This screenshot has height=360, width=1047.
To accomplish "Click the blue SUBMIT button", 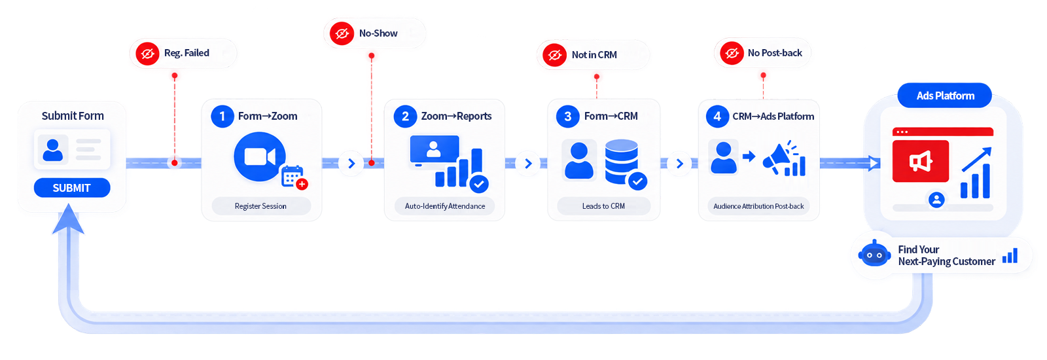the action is (x=72, y=188).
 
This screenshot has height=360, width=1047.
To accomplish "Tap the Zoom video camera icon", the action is (x=259, y=157).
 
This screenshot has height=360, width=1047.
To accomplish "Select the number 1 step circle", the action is (x=222, y=116).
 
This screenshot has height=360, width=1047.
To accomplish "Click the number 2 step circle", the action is (x=405, y=116).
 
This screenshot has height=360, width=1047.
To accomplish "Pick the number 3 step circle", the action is (x=567, y=116).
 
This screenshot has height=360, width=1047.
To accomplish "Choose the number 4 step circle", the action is (x=717, y=116).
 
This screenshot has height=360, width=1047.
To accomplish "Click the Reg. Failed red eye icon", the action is (x=148, y=53).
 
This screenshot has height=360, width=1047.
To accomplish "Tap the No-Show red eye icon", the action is (x=342, y=33).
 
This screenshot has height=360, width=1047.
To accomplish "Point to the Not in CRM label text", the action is (x=594, y=55).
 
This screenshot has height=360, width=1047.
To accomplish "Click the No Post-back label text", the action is (x=775, y=53).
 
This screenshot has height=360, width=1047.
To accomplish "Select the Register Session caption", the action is (x=261, y=206).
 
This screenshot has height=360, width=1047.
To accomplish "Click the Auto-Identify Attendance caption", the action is (x=445, y=206).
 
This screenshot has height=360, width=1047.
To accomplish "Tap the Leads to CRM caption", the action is (x=603, y=206).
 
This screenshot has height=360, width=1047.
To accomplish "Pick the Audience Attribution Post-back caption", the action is (x=758, y=206).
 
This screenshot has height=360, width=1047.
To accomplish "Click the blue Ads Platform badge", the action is (x=945, y=96).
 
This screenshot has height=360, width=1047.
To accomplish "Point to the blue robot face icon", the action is (x=874, y=254).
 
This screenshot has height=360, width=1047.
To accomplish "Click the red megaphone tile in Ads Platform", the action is (x=920, y=161).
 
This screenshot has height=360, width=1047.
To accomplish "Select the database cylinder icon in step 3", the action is (x=622, y=162).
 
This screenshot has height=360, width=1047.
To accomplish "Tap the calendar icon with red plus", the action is (x=294, y=177).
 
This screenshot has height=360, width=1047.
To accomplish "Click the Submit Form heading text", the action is (x=73, y=116).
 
